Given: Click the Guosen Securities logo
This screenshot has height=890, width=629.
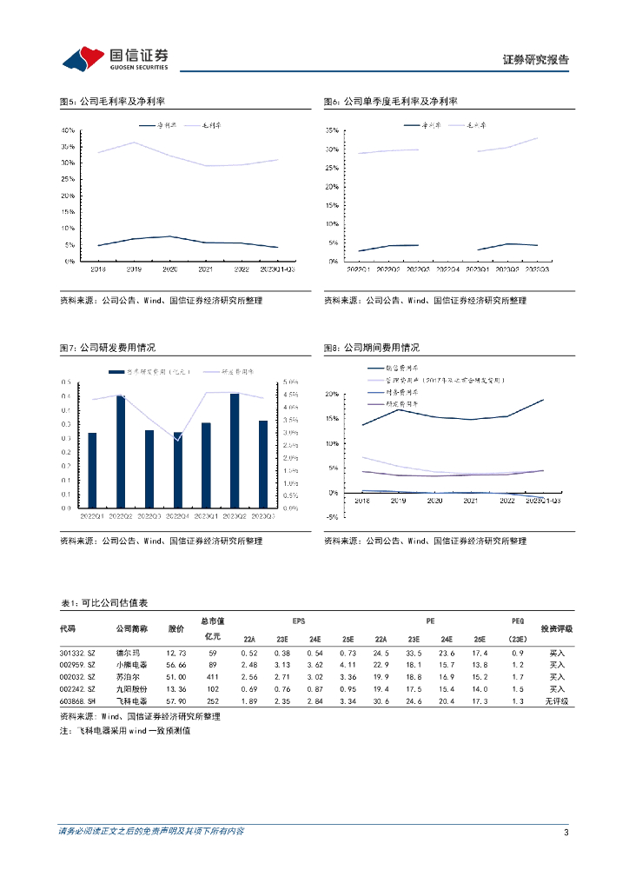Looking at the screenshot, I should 115,57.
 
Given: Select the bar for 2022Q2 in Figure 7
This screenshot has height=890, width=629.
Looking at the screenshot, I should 121,452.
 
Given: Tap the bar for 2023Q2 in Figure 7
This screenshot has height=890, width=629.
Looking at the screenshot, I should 235,451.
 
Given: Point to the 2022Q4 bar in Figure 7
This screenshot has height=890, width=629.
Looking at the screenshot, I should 178,470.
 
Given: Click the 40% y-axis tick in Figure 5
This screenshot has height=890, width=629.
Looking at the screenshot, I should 69,130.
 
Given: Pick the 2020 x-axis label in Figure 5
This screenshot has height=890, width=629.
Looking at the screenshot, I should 170,269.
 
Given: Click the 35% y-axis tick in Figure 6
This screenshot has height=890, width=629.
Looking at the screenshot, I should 331,130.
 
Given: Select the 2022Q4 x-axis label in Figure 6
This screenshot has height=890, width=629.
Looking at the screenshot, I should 448,270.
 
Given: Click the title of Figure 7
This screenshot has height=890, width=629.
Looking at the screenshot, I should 107,348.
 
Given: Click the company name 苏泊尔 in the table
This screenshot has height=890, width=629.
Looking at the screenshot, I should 129,676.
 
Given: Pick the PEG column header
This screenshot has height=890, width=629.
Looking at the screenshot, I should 518,621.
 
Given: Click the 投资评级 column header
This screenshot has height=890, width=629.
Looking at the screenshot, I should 557,628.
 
